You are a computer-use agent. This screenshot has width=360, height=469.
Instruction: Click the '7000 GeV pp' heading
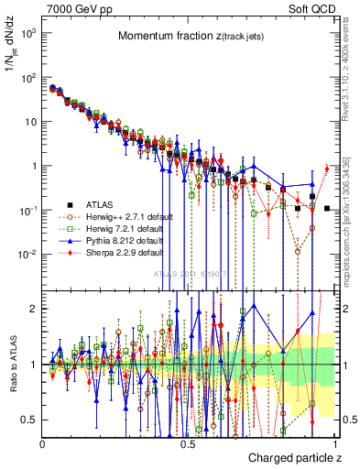[76, 7]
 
